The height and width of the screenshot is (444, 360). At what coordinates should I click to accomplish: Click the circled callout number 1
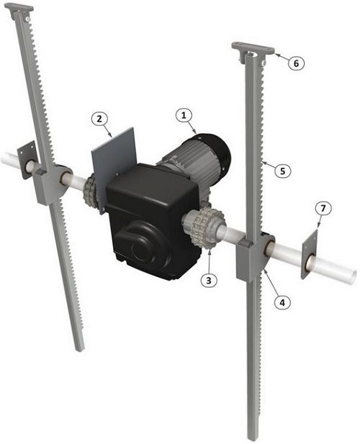[184, 116]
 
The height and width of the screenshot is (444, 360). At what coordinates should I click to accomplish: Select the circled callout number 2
[99, 119]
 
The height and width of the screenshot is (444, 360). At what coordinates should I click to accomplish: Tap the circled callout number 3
[209, 280]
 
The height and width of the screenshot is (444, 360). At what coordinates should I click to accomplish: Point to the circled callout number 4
[282, 303]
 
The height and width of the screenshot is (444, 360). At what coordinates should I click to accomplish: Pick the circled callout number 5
[282, 171]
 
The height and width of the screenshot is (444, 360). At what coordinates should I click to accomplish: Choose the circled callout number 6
[296, 63]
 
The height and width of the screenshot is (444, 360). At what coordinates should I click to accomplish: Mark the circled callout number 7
[323, 209]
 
